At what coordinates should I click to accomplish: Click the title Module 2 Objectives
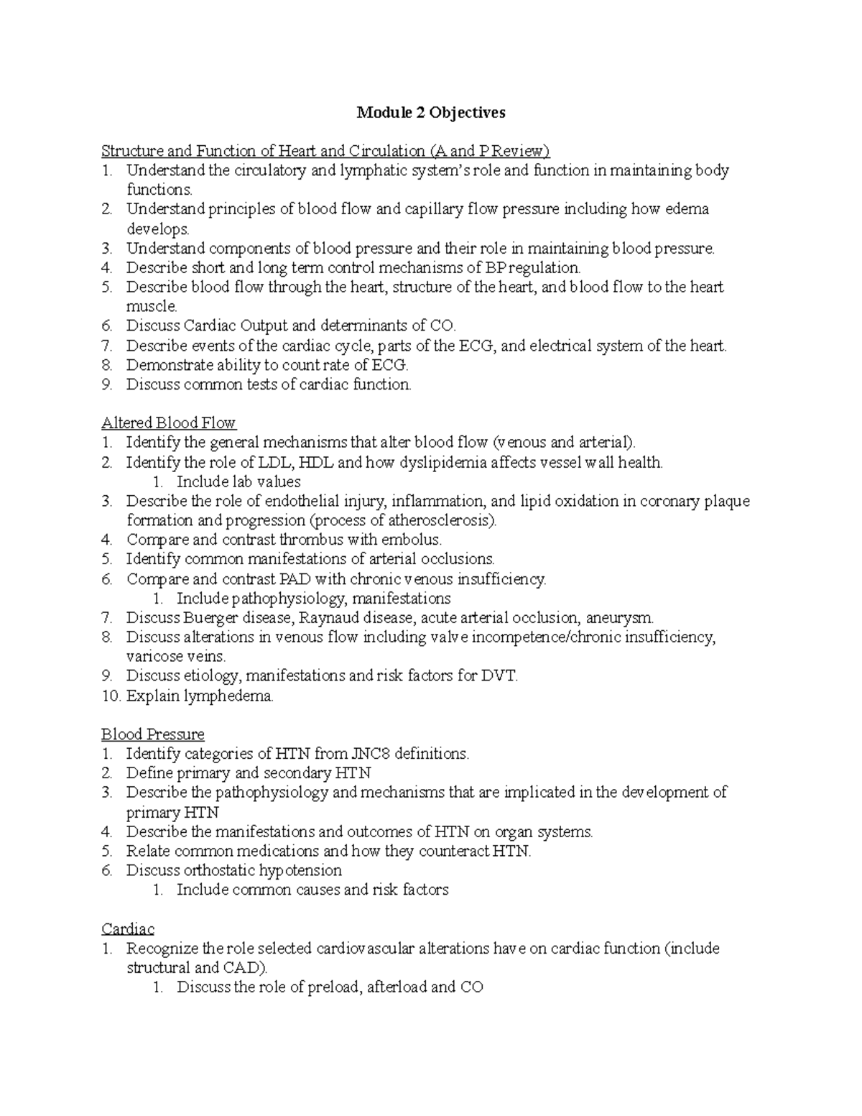click(x=431, y=113)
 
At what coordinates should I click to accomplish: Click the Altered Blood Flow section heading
click(x=169, y=423)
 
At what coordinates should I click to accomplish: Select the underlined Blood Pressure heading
click(x=152, y=734)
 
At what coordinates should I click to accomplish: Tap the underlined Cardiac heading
click(x=128, y=928)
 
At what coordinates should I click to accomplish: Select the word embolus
click(x=412, y=540)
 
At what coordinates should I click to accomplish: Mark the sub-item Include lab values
click(x=238, y=482)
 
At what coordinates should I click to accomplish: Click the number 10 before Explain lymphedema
click(x=111, y=696)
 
